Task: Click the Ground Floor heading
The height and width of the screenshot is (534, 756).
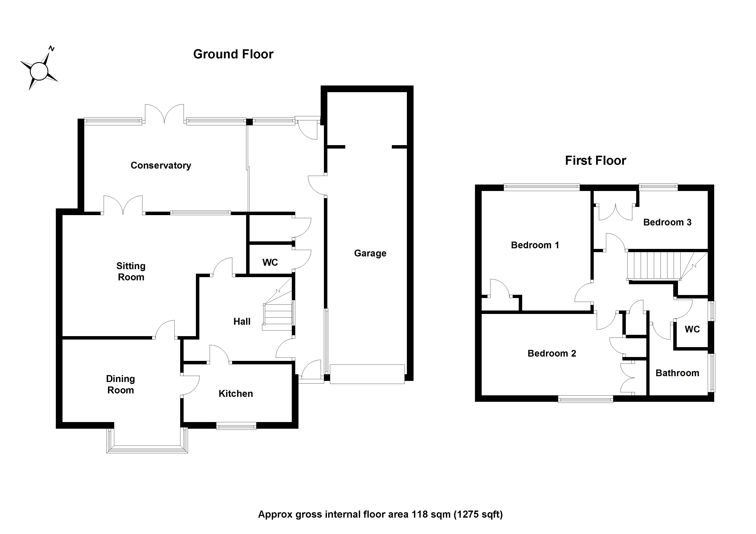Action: pos(233,54)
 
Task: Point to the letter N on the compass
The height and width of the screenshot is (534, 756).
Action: pos(51,49)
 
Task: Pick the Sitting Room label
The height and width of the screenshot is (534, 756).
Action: pos(131,272)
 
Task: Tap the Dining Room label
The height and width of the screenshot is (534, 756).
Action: pos(120,384)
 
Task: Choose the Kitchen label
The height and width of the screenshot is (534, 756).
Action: pos(236,394)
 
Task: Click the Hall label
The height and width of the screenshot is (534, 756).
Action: pos(242,321)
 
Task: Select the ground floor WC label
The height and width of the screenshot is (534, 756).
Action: pos(270,262)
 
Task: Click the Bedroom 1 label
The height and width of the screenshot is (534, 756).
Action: pos(535,245)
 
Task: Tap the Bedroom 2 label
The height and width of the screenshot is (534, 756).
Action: pos(552,353)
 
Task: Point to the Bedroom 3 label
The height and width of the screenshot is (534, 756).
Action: pos(667,222)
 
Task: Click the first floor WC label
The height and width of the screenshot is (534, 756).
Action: pos(692,329)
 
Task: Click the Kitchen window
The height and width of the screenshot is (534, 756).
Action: pos(236,426)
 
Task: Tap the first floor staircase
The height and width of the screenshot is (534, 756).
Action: pos(654,265)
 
